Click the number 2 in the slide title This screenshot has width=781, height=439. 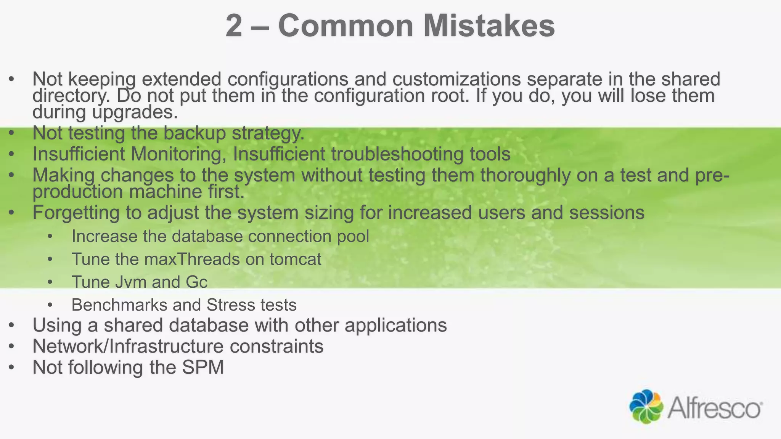pos(234,26)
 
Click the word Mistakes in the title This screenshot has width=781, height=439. pos(489,26)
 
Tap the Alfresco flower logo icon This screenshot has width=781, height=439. pos(646,406)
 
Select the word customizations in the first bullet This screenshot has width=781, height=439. pos(456,79)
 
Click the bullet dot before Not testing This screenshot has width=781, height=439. pos(11,133)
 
